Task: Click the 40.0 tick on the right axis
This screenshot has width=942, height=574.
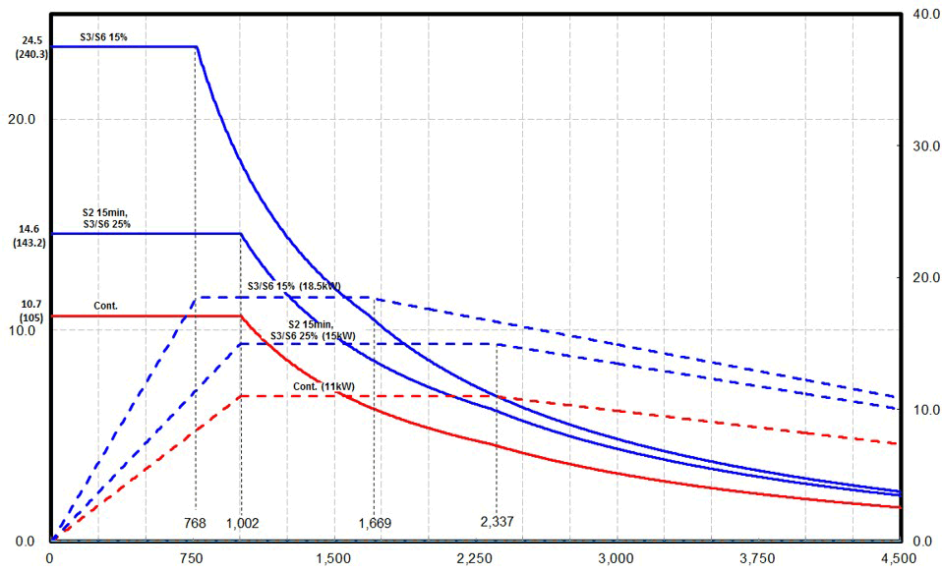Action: pyautogui.click(x=921, y=14)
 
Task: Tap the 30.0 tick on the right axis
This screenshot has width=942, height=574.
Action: pyautogui.click(x=921, y=145)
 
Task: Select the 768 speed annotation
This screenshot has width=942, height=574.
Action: pyautogui.click(x=195, y=522)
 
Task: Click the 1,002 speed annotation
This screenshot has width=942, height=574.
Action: pyautogui.click(x=242, y=523)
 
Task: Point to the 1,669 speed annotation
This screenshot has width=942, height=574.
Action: pyautogui.click(x=374, y=523)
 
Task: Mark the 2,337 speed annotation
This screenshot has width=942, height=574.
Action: pyautogui.click(x=496, y=521)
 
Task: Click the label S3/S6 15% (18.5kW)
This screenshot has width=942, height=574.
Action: pyautogui.click(x=301, y=286)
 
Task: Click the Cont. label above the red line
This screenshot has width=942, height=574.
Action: pyautogui.click(x=105, y=306)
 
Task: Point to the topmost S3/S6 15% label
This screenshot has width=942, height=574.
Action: pyautogui.click(x=104, y=37)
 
